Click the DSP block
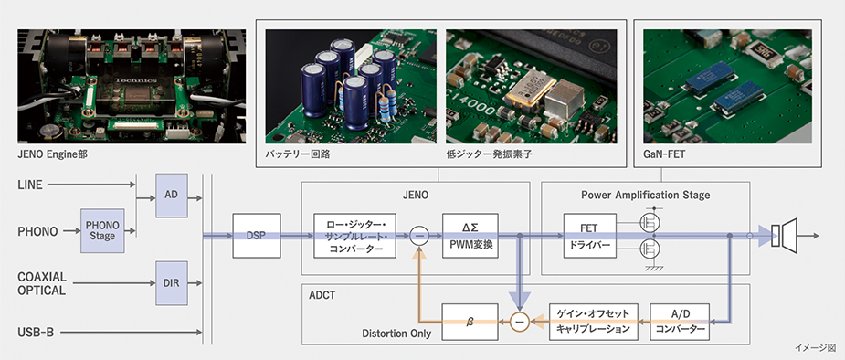(x=257, y=236)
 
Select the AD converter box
(x=172, y=196)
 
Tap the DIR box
(x=172, y=283)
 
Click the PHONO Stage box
(x=102, y=231)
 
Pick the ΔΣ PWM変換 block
(x=470, y=236)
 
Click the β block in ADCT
(x=470, y=323)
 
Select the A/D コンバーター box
(x=679, y=323)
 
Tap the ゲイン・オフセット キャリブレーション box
(x=593, y=323)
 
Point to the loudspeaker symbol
(x=785, y=236)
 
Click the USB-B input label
(x=36, y=333)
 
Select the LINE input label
(x=29, y=185)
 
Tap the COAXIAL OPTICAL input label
(x=42, y=283)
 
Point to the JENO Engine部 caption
(x=52, y=154)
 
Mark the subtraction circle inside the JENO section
(x=419, y=236)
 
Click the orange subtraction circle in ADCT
(x=520, y=323)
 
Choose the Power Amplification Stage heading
(x=645, y=195)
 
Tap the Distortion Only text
(x=396, y=334)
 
